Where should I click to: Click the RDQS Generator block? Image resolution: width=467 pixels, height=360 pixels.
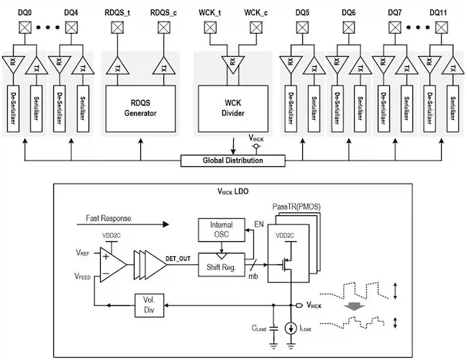(140, 108)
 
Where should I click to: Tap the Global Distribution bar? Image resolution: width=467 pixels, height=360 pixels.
(232, 160)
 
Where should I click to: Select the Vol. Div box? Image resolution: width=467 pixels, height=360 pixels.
(150, 305)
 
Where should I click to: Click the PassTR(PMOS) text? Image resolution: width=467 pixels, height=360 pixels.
(296, 207)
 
